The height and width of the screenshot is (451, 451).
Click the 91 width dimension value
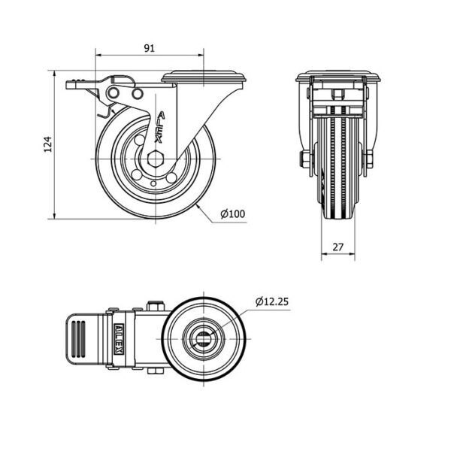(149, 48)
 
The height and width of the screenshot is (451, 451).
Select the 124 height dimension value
(48, 144)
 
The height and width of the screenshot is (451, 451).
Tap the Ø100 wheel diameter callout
(233, 213)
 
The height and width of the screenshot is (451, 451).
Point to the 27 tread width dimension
(338, 247)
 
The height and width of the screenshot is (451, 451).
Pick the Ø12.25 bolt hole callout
(272, 301)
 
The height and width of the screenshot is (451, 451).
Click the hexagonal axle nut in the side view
(155, 159)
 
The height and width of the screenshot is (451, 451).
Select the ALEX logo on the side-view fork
(160, 127)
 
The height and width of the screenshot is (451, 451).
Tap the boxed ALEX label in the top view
(120, 338)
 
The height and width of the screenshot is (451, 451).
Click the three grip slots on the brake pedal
(78, 338)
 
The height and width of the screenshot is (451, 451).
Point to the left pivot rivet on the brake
(114, 93)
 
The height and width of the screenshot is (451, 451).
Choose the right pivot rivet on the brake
(138, 93)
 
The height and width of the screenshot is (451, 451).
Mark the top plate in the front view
(338, 76)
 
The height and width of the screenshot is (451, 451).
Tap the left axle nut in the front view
(305, 159)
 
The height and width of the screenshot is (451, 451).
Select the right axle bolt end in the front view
(370, 159)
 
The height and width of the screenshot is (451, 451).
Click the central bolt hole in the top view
(204, 338)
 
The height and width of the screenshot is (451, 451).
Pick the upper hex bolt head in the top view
(156, 306)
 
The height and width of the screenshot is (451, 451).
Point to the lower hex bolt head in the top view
(156, 371)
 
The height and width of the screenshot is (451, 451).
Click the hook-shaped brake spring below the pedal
(105, 111)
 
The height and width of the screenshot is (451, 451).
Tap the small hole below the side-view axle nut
(153, 183)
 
